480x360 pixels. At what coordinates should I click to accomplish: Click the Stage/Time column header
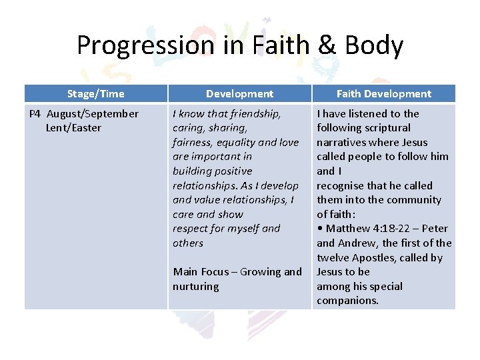[95, 94]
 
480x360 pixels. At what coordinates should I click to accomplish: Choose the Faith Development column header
[383, 94]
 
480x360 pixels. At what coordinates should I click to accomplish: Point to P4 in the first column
[37, 113]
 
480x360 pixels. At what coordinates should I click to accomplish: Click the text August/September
[93, 113]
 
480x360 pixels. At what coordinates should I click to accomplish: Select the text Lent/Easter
[73, 128]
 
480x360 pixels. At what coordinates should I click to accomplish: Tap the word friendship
[252, 113]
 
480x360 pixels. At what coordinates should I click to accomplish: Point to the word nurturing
[195, 287]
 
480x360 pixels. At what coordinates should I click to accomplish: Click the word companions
[347, 301]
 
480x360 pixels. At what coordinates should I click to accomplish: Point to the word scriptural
[386, 128]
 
